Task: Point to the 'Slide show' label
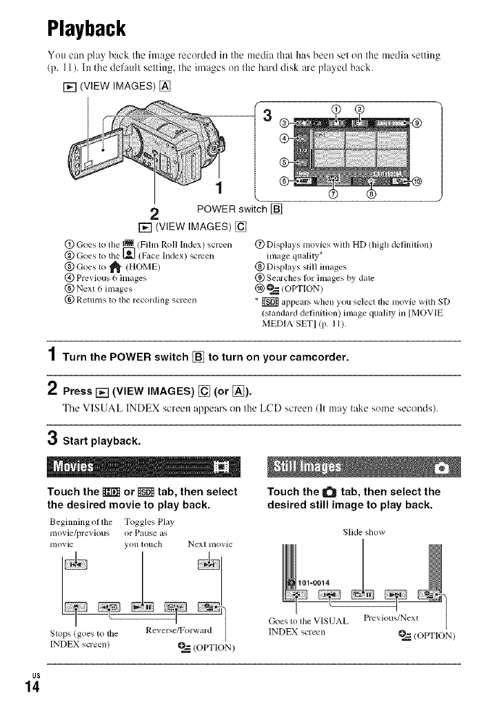pyautogui.click(x=363, y=531)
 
